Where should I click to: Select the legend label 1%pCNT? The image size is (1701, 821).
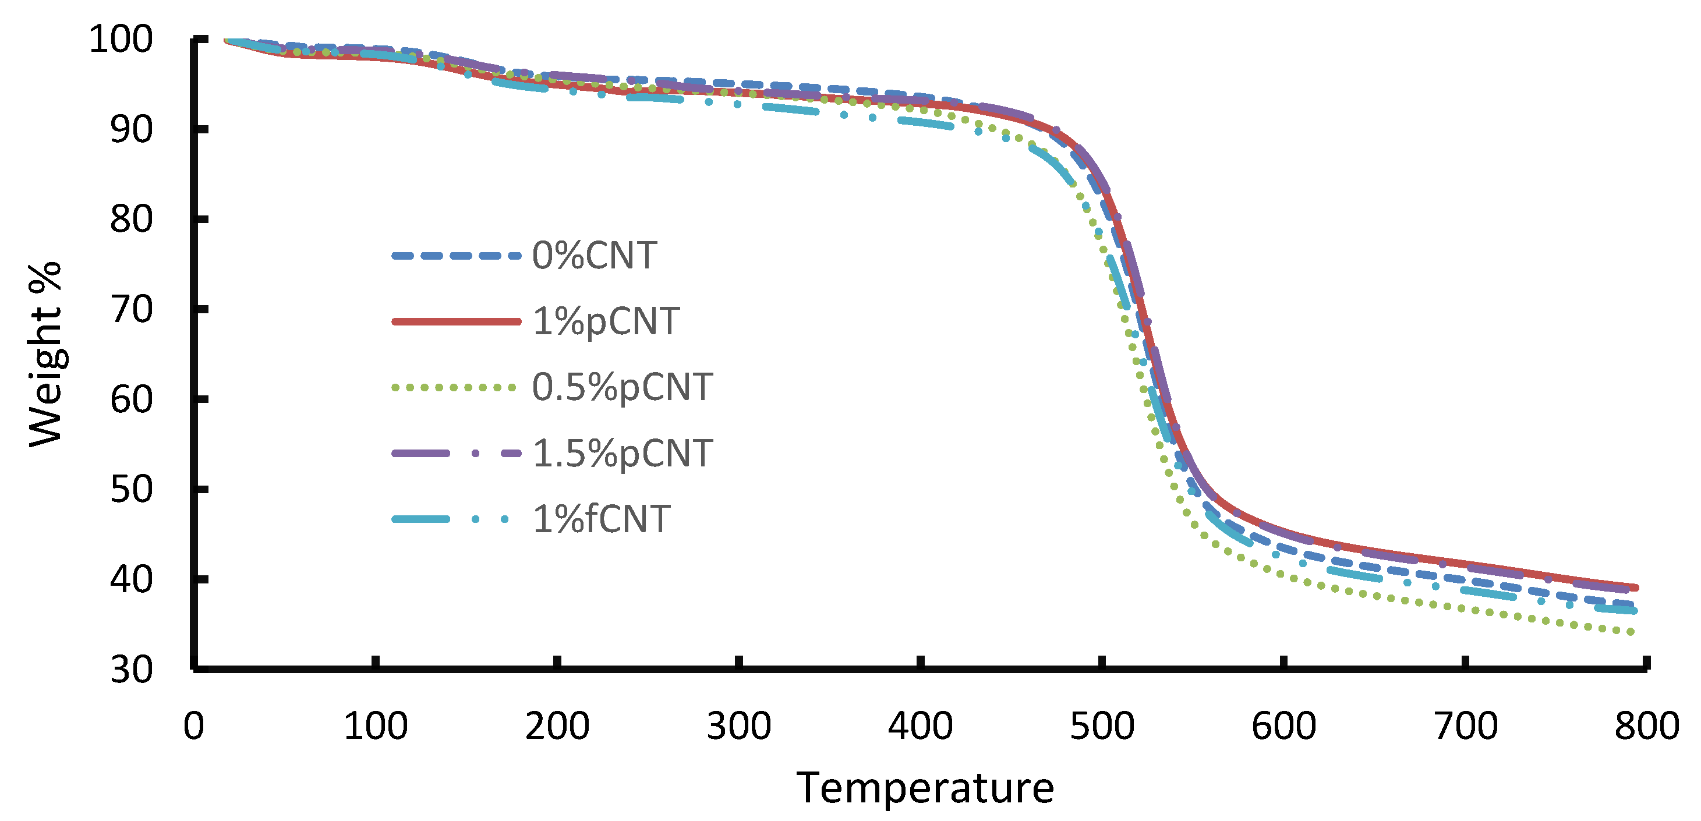click(x=605, y=321)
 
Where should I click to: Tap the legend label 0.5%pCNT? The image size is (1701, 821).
click(x=621, y=387)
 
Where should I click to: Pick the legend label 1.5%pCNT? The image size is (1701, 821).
click(x=621, y=453)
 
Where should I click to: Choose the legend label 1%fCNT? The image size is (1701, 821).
click(x=601, y=519)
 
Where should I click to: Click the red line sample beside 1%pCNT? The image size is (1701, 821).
click(x=455, y=321)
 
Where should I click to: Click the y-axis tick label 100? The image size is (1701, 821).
click(x=121, y=40)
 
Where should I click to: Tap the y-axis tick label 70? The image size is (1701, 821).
click(x=131, y=310)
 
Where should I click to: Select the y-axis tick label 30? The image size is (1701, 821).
click(x=131, y=670)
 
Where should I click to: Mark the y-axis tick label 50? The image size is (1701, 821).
click(x=131, y=490)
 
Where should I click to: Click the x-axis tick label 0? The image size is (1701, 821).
click(x=193, y=727)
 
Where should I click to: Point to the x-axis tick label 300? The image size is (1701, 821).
click(x=738, y=727)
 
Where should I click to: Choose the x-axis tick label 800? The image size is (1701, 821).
click(x=1646, y=727)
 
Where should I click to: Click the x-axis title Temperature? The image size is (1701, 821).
click(x=925, y=788)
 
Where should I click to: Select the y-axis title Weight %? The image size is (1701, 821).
click(x=45, y=355)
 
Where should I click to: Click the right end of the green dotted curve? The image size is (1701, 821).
click(x=1632, y=632)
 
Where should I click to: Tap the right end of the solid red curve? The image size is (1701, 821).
click(x=1636, y=587)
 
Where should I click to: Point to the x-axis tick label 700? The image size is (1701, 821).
click(x=1465, y=727)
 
